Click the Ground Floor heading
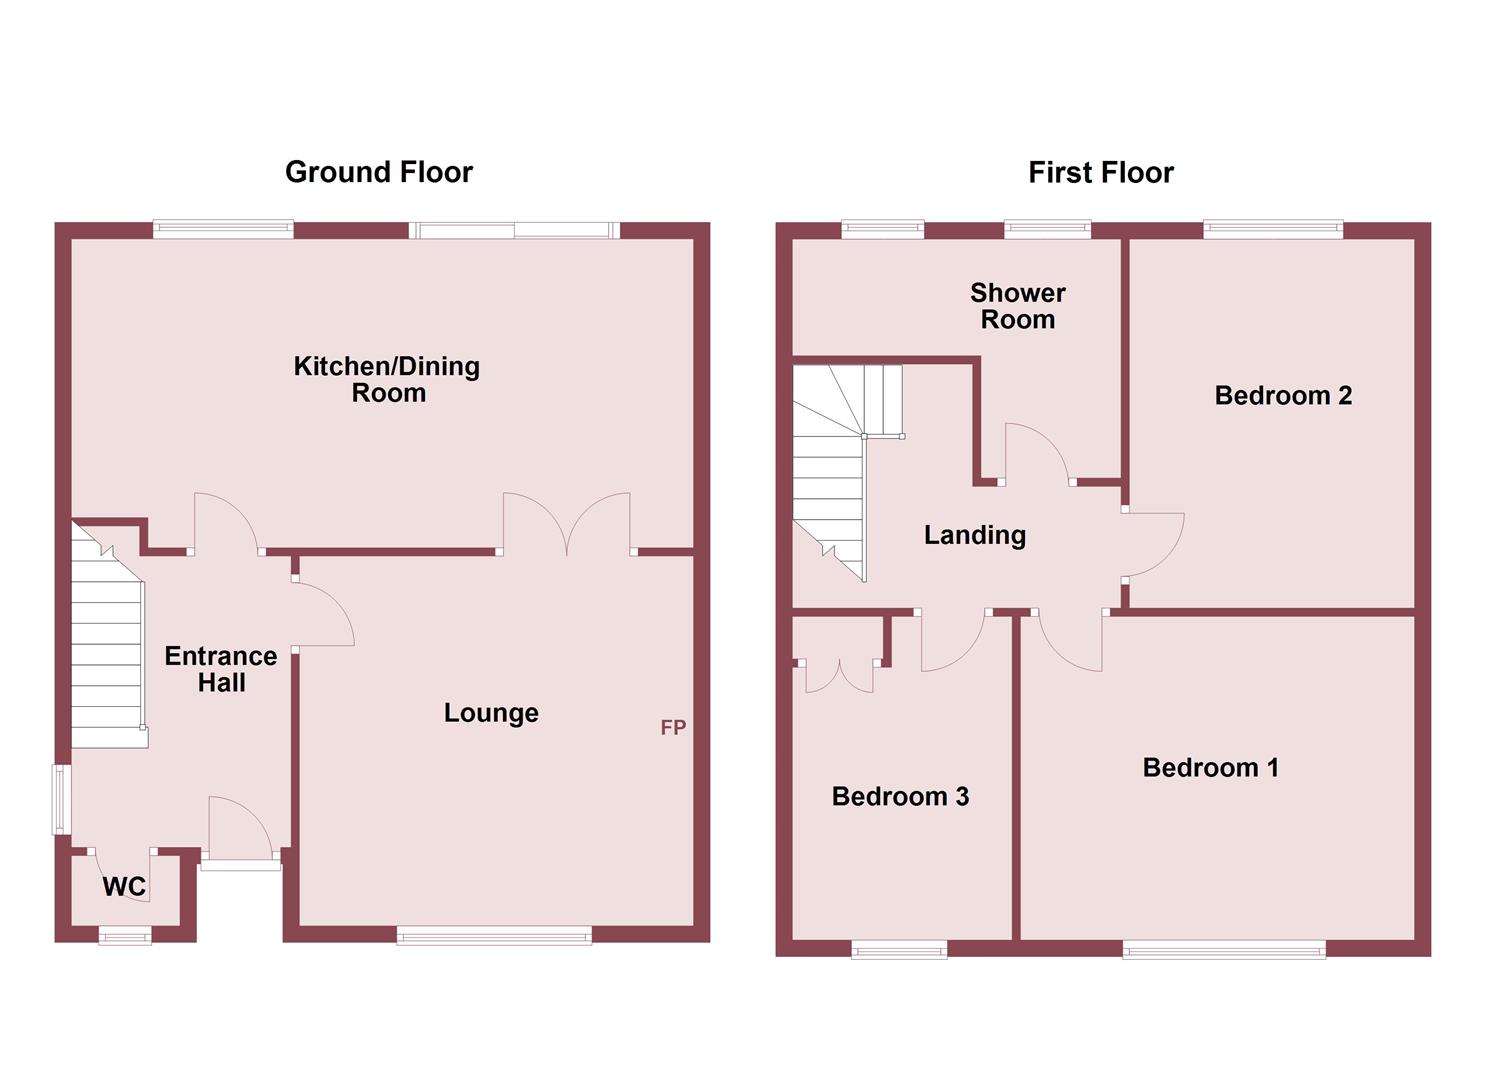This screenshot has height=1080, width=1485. [378, 172]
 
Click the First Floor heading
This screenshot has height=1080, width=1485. [1100, 172]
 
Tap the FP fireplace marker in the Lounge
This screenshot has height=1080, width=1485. [673, 727]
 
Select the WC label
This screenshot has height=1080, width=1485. [124, 886]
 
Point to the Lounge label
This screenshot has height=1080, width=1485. [491, 712]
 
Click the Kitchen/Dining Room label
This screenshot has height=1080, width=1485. [387, 379]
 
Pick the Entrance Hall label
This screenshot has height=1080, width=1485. [221, 669]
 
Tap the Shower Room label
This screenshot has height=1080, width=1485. [1017, 306]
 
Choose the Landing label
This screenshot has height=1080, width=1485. [974, 535]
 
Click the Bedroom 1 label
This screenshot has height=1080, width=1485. [1210, 767]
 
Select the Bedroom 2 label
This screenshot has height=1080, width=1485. [1283, 395]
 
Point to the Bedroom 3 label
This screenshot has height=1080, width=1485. [900, 796]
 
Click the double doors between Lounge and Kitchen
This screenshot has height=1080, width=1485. [567, 525]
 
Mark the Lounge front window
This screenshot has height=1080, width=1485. [494, 935]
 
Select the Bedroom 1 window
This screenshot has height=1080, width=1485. [1224, 948]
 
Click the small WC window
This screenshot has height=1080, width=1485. [125, 935]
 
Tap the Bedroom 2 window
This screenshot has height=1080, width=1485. [1273, 229]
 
